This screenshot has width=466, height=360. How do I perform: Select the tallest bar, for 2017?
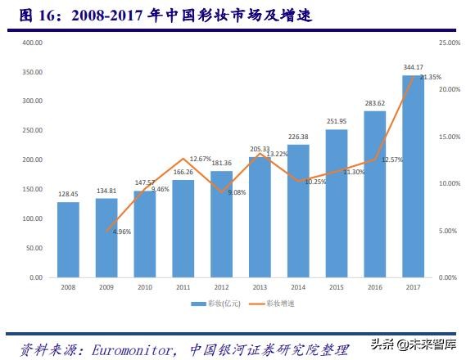point(413,176)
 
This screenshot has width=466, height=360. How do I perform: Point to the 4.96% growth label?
point(120,232)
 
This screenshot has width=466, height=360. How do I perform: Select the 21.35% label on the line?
point(430,78)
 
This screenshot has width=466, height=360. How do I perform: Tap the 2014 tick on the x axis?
point(298,286)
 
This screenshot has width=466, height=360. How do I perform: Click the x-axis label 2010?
point(145,286)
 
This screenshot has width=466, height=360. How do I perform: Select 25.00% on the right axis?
point(450,42)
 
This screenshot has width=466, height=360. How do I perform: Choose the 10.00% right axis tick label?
point(450,183)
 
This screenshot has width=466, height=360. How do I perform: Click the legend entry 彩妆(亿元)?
point(208,304)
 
